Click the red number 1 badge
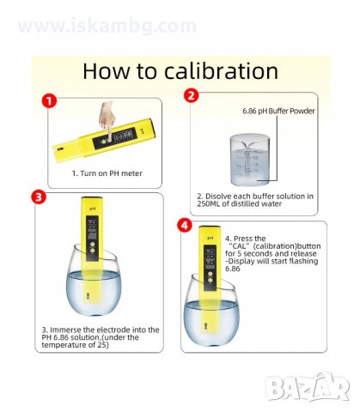(49, 101)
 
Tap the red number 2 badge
(191, 95)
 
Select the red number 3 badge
(39, 197)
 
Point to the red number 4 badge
(185, 226)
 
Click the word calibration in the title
(221, 70)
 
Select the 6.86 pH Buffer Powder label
(278, 111)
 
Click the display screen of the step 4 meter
(211, 259)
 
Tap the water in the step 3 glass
(94, 293)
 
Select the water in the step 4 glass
(211, 323)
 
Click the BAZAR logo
(308, 387)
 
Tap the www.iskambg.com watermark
(107, 26)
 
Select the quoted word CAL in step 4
(240, 246)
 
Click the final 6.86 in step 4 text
(233, 269)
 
